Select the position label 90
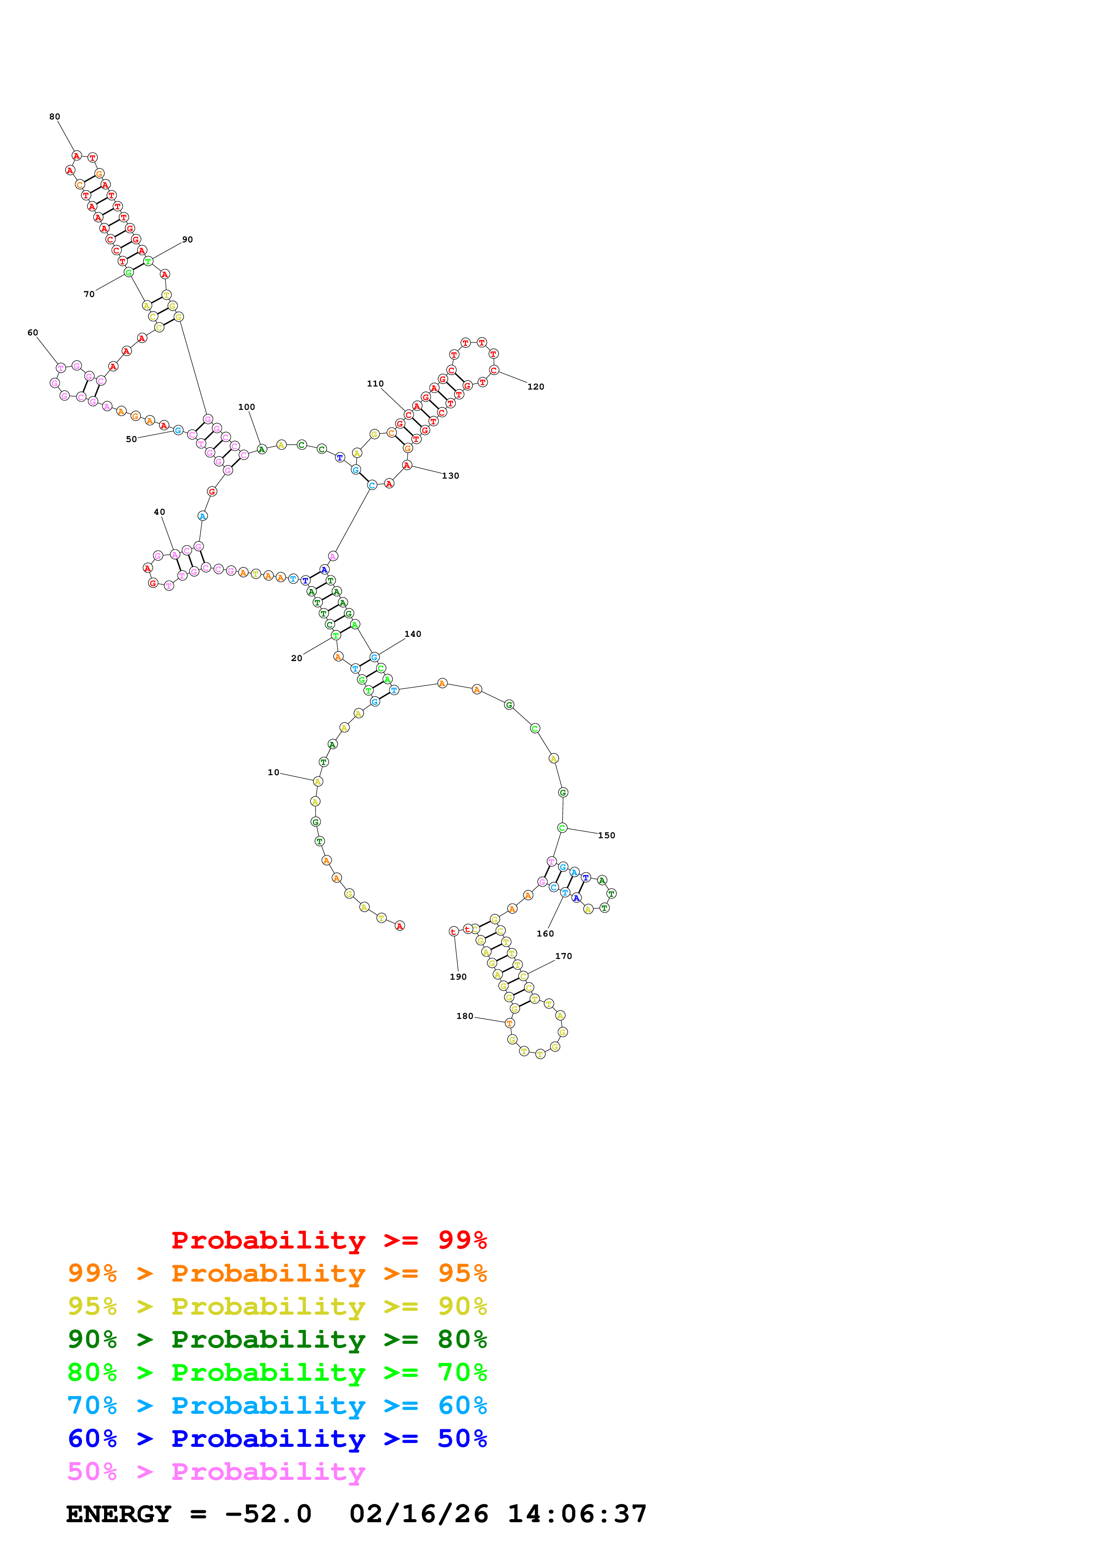(x=187, y=240)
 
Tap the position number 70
(x=89, y=294)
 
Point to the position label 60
(x=32, y=333)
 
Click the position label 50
(x=131, y=439)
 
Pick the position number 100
(x=246, y=407)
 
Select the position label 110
(x=375, y=384)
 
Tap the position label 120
(x=535, y=386)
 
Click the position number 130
(x=451, y=476)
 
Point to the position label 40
(x=160, y=512)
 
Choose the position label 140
(x=413, y=634)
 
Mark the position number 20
(x=296, y=658)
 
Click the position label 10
(x=273, y=772)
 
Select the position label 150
(x=606, y=836)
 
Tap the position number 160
(x=545, y=934)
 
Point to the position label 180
(x=465, y=1016)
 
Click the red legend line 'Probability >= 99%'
(x=328, y=1240)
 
